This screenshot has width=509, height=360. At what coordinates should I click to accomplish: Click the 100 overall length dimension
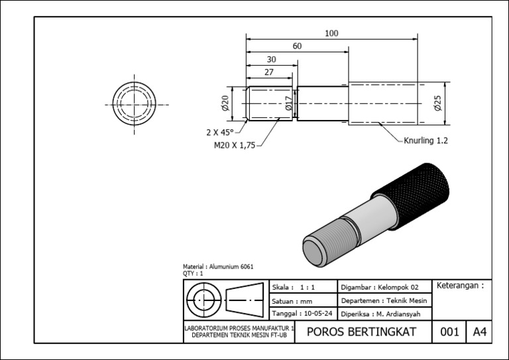[331, 33]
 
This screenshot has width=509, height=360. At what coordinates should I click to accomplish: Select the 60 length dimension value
[296, 46]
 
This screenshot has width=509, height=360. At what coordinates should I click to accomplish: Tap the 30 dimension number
[271, 60]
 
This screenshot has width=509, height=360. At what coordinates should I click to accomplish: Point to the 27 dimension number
[268, 72]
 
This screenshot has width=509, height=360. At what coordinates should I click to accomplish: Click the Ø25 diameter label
[437, 103]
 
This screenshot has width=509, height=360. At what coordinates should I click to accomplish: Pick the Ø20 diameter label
[225, 103]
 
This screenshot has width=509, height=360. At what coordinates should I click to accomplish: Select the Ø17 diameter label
[289, 103]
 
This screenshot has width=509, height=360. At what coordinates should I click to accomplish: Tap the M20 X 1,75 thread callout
[234, 146]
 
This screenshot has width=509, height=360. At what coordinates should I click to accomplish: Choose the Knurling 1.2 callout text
[426, 141]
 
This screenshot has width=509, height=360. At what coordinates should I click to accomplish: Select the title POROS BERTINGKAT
[362, 332]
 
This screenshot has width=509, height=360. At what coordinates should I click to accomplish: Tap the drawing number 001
[449, 332]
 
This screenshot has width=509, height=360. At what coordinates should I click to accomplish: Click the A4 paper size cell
[479, 332]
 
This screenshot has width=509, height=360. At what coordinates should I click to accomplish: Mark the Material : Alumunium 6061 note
[218, 267]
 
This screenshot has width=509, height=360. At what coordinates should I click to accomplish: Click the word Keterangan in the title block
[457, 286]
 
